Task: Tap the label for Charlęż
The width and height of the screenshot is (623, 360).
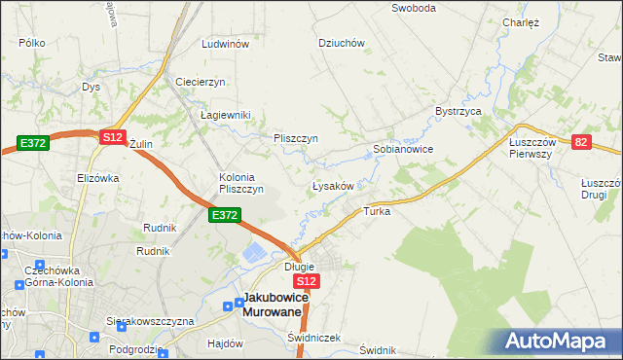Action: [521, 22]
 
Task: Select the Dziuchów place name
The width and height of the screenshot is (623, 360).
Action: [342, 43]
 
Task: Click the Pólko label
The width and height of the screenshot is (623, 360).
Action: [32, 44]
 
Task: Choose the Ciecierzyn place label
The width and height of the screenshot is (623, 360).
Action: [201, 82]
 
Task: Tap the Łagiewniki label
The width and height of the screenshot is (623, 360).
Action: [226, 115]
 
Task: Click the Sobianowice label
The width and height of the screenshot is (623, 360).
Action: [403, 150]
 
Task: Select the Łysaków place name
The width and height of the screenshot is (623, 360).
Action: [338, 185]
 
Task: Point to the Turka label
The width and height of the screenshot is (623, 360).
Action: [377, 211]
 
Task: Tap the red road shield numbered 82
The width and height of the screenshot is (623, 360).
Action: [582, 142]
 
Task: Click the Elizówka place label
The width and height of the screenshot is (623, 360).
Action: [97, 178]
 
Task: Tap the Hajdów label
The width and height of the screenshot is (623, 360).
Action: [225, 343]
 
